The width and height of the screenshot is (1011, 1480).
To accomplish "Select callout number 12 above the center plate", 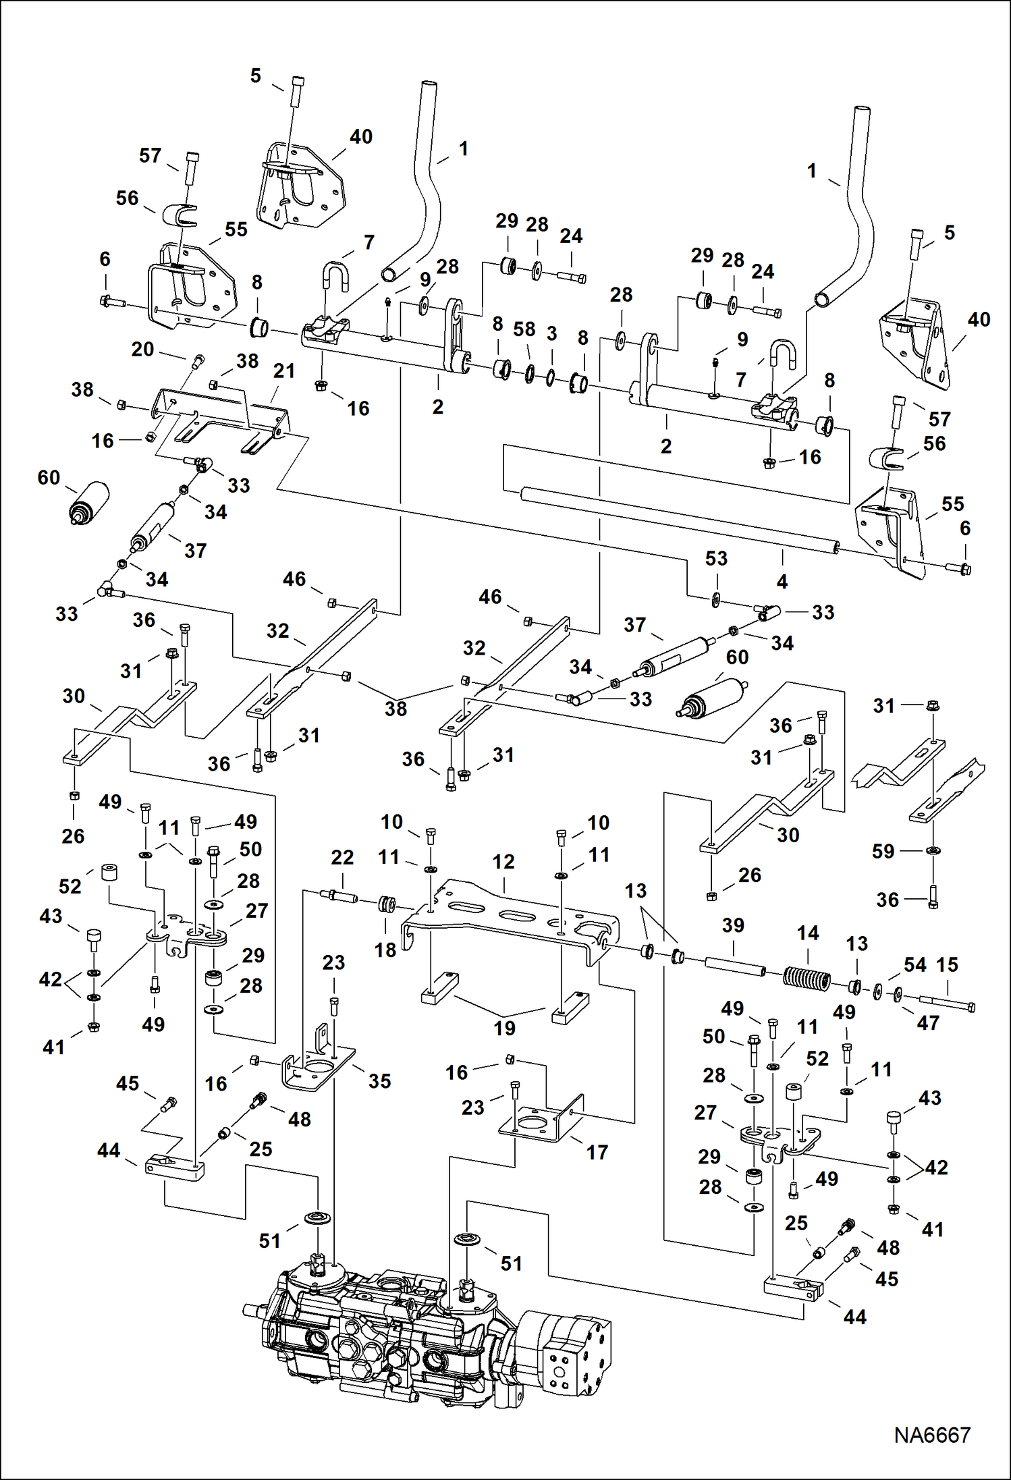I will coord(503,861).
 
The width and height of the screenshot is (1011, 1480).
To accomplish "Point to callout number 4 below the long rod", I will coord(782,581).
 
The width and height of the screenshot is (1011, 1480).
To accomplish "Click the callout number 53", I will coord(716,558).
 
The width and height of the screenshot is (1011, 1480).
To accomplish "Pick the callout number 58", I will coord(524,329).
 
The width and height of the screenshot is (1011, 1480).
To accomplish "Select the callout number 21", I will coord(284,371).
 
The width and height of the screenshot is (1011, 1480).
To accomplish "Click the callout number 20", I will coord(142,349).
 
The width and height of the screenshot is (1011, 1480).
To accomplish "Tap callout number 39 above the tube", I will coord(733,925).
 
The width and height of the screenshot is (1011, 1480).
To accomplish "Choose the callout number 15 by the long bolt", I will coord(947,964).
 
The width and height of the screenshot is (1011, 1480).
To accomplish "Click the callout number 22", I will coord(342,857).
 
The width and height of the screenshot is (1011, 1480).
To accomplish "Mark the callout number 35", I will coord(379,1080).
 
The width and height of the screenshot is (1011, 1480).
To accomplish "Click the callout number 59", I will coord(883,851).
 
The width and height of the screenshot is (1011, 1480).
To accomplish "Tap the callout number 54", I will coord(914,964).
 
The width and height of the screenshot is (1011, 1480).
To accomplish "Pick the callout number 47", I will coord(928,1022).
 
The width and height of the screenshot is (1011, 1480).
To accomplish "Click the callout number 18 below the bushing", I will coord(385,950).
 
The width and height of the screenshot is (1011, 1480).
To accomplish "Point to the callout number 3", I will coord(551,333).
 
